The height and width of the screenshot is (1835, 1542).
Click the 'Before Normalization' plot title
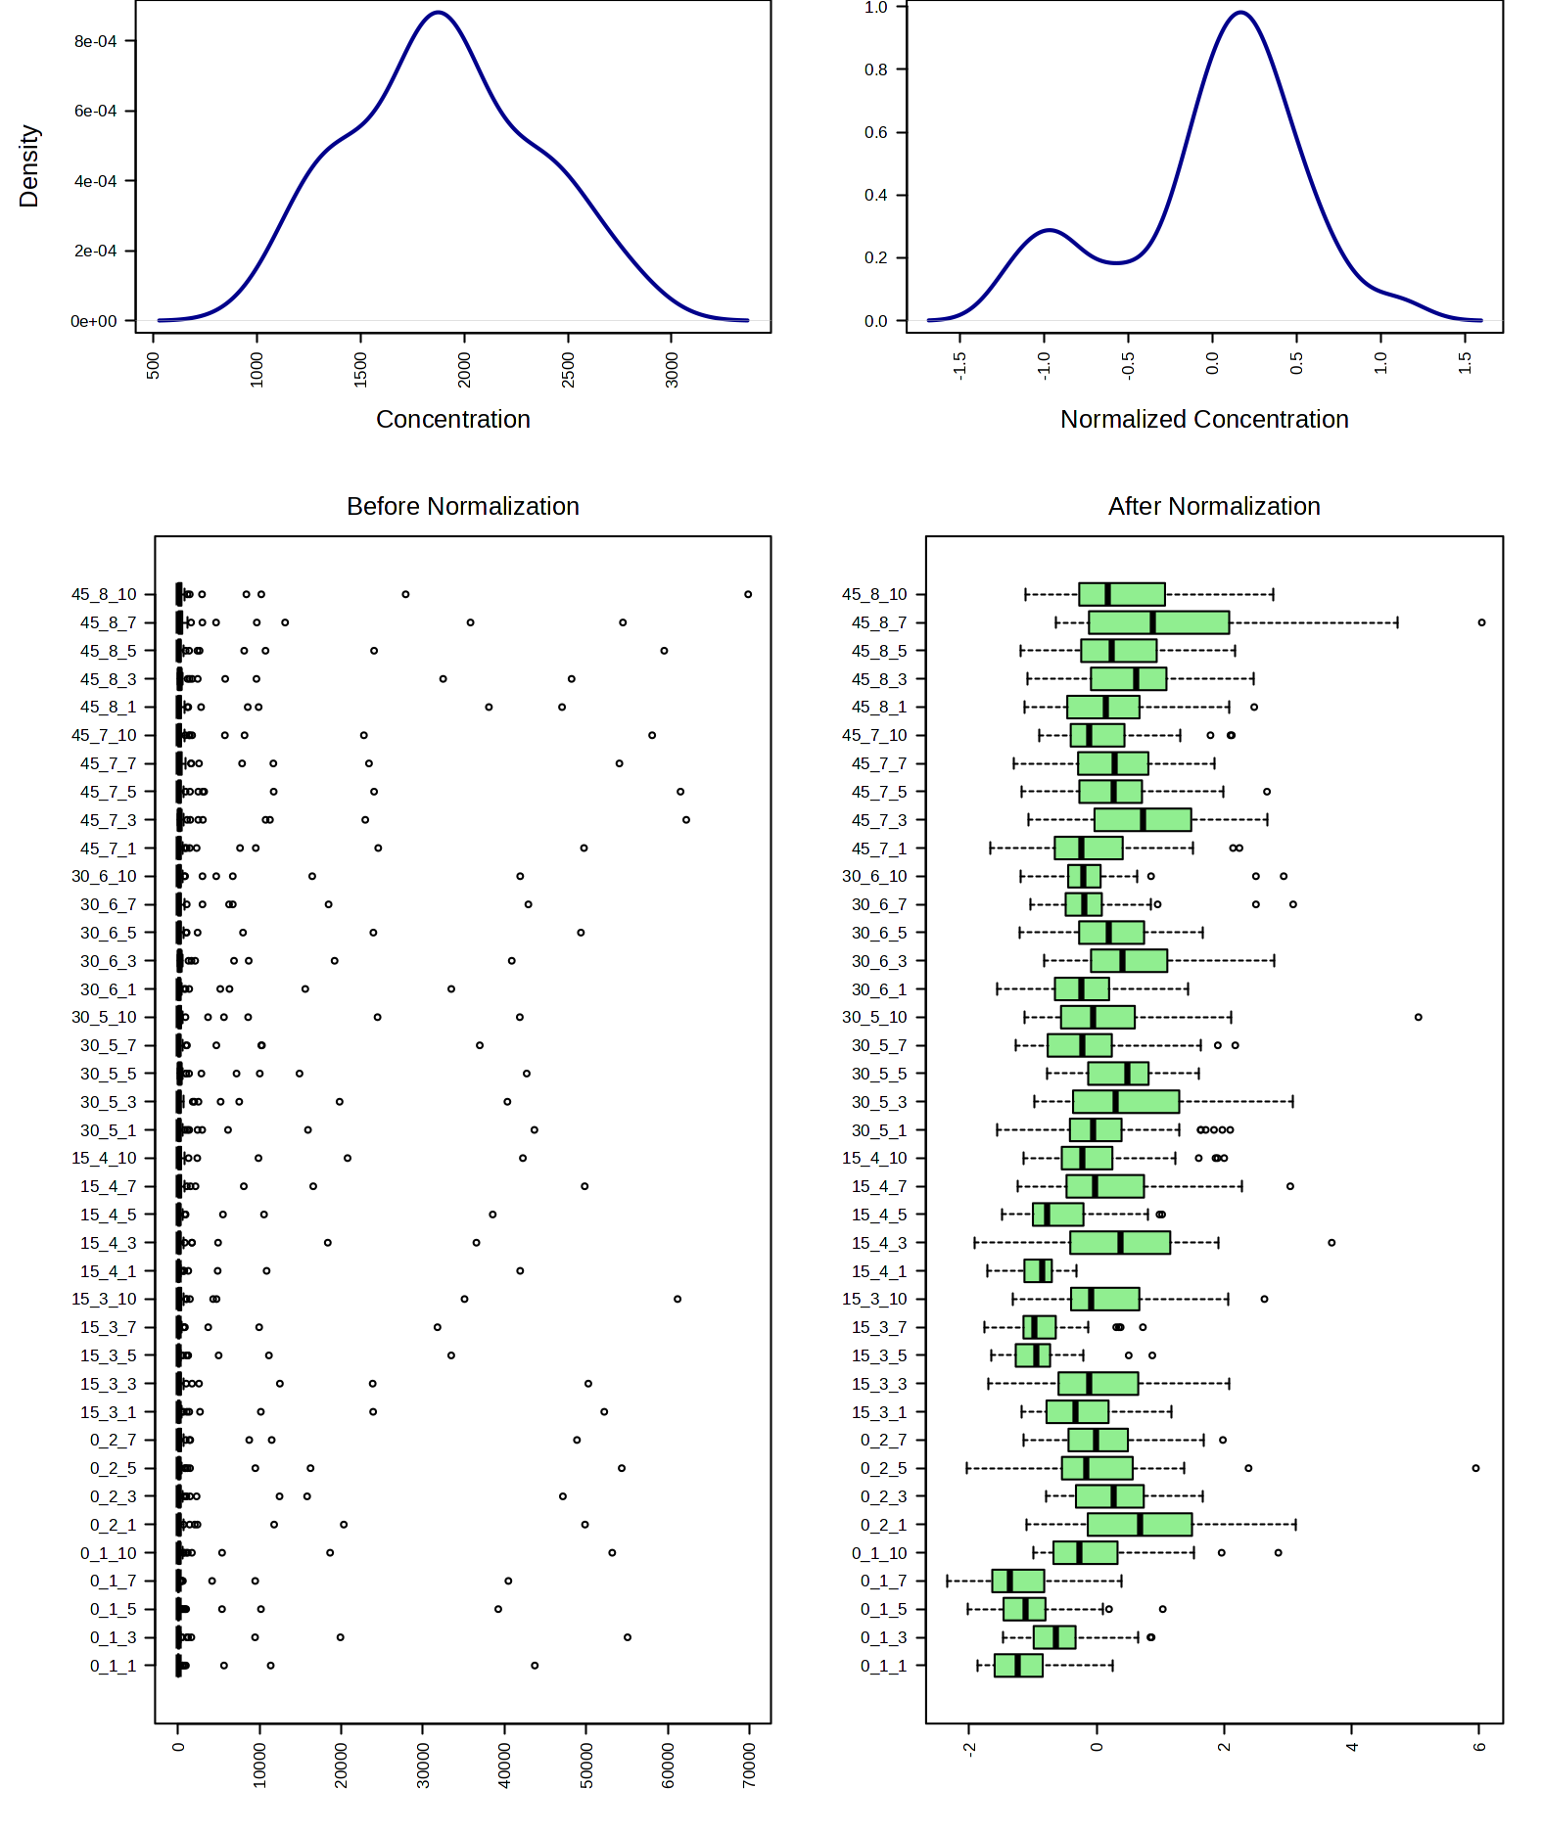pyautogui.click(x=462, y=506)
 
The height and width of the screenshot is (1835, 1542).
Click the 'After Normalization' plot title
pyautogui.click(x=1214, y=506)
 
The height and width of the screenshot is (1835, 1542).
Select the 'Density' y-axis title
pyautogui.click(x=29, y=165)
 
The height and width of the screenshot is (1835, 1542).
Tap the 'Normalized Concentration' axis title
pyautogui.click(x=1204, y=419)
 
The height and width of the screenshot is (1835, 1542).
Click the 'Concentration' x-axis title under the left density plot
pyautogui.click(x=453, y=419)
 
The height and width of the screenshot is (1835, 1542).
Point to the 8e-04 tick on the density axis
pyautogui.click(x=95, y=41)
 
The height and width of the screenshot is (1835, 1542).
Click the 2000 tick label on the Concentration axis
pyautogui.click(x=465, y=370)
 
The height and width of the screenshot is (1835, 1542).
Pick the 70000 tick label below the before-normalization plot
pyautogui.click(x=750, y=1766)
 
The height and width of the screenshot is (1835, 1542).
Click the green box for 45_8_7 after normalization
pyautogui.click(x=1159, y=622)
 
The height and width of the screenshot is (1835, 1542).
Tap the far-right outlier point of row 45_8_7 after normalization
pyautogui.click(x=1481, y=622)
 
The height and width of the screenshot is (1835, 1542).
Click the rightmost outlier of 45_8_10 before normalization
pyautogui.click(x=748, y=594)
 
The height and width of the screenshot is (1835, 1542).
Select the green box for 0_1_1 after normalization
pyautogui.click(x=1018, y=1666)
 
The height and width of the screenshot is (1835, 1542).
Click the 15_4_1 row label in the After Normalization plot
pyautogui.click(x=879, y=1271)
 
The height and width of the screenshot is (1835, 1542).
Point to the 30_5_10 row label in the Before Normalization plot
pyautogui.click(x=105, y=1017)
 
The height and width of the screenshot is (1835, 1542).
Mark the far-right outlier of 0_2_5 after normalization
pyautogui.click(x=1475, y=1468)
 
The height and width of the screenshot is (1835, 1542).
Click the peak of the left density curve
pyautogui.click(x=439, y=13)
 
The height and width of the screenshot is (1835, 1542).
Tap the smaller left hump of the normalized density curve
pyautogui.click(x=1049, y=230)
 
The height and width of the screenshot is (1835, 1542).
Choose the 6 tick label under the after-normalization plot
pyautogui.click(x=1480, y=1747)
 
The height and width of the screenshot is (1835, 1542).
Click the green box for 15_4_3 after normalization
pyautogui.click(x=1120, y=1243)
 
